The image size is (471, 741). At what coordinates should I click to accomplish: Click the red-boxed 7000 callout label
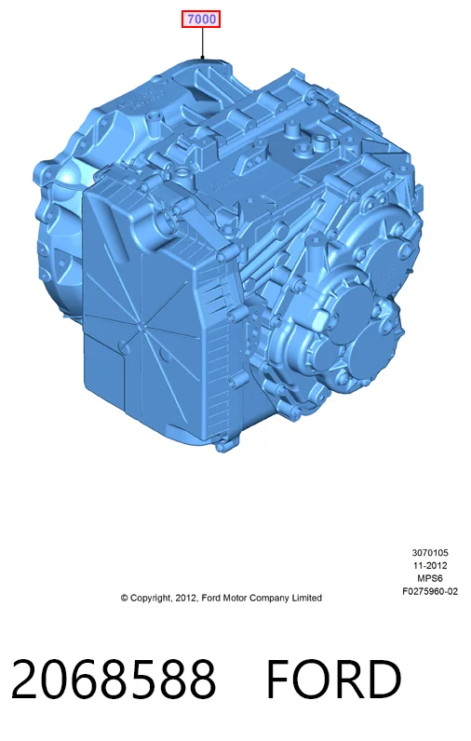[201, 20]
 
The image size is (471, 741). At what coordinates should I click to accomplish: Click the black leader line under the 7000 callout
[203, 43]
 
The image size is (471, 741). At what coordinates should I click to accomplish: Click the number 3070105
[430, 552]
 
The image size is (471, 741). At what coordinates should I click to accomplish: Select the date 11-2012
[429, 565]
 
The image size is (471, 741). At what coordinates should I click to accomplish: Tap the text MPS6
[430, 578]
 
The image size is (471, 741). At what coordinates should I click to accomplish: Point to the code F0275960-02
[430, 591]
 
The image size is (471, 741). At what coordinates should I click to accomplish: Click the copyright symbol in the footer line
[124, 598]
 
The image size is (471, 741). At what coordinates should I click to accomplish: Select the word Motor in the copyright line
[235, 598]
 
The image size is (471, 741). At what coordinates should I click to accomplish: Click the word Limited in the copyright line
[306, 598]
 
